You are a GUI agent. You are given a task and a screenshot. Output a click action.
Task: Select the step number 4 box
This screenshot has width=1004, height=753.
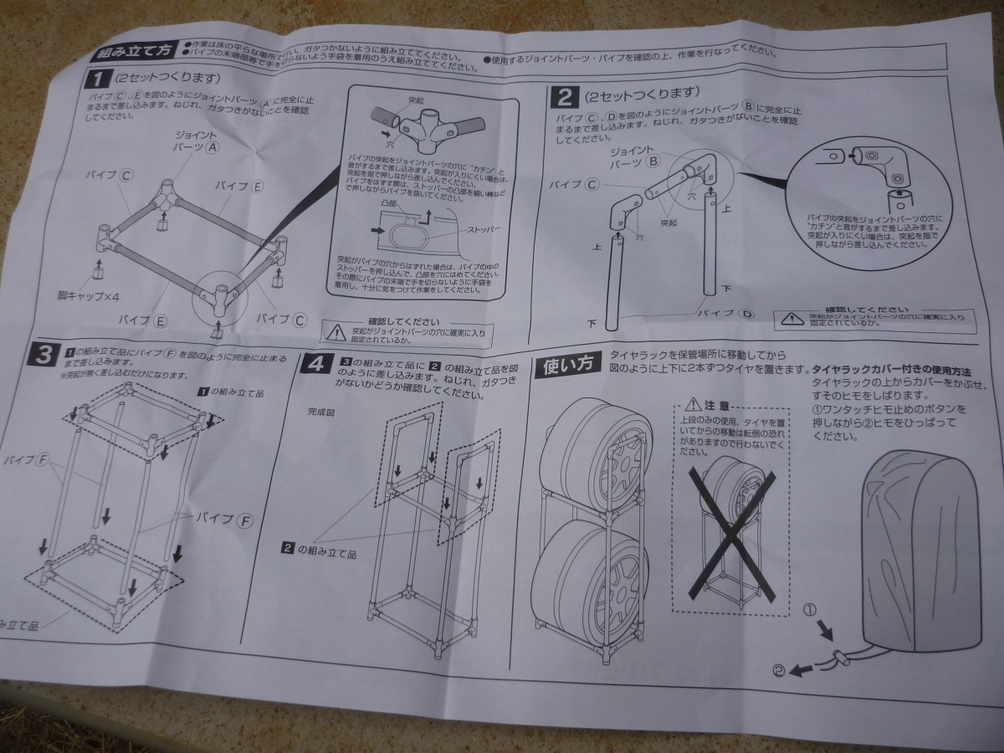tap(315, 366)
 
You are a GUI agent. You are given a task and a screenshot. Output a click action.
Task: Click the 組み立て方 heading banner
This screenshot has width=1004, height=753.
tap(133, 50)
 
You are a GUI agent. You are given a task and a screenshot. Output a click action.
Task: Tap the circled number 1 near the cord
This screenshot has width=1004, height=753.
tap(809, 611)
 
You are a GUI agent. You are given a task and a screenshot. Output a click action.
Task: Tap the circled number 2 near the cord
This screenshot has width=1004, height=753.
tap(780, 669)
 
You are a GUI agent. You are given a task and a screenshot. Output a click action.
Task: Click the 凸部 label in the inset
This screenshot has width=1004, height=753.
tap(389, 202)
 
